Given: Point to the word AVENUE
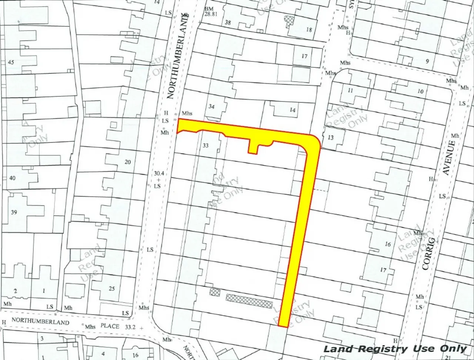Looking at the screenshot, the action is pyautogui.click(x=448, y=157).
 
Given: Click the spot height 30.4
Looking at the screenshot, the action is pyautogui.click(x=158, y=173).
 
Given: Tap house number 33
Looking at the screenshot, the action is pyautogui.click(x=206, y=146).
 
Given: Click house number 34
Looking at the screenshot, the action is pyautogui.click(x=211, y=107).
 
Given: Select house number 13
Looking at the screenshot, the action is pyautogui.click(x=330, y=137).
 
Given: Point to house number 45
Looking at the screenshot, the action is pyautogui.click(x=11, y=62).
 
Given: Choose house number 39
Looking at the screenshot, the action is pyautogui.click(x=14, y=212).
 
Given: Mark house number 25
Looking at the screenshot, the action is pyautogui.click(x=112, y=289).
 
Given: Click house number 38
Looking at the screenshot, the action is pyautogui.click(x=228, y=23).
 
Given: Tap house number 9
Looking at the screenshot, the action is pyautogui.click(x=427, y=61).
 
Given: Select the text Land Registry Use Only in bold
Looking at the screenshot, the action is pyautogui.click(x=395, y=349).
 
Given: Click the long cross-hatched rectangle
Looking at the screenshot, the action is pyautogui.click(x=249, y=301).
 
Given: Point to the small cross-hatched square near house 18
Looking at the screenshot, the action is pyautogui.click(x=288, y=20).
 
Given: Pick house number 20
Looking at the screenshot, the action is pyautogui.click(x=128, y=162).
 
